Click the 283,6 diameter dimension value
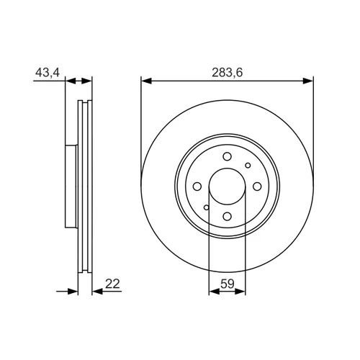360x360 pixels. click(x=227, y=73)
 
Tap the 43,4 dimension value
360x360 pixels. click(x=48, y=72)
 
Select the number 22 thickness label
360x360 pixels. click(x=112, y=284)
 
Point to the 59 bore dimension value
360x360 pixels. click(x=227, y=284)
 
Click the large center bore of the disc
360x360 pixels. click(x=227, y=186)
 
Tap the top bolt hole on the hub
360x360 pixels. click(x=227, y=156)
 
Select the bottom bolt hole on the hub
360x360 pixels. click(x=227, y=217)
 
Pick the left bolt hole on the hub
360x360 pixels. click(x=197, y=186)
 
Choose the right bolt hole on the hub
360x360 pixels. click(x=257, y=186)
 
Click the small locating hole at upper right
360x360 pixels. click(x=248, y=166)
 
